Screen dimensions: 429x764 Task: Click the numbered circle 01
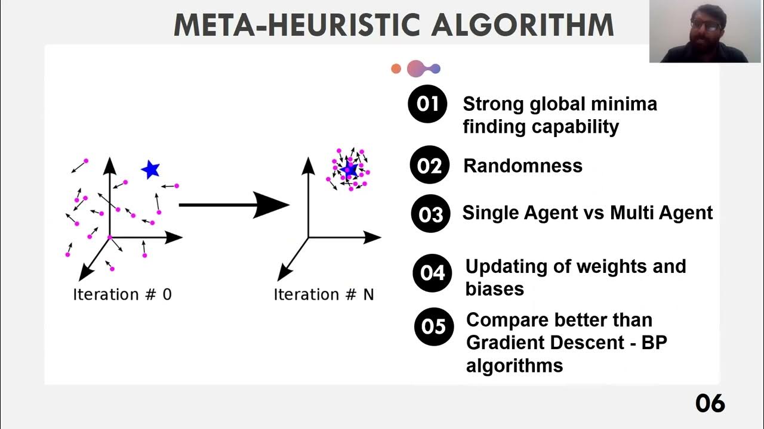click(x=427, y=104)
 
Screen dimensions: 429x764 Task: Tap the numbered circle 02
click(x=429, y=165)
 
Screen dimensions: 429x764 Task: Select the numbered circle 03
click(x=430, y=214)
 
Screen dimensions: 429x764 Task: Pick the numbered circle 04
click(x=432, y=273)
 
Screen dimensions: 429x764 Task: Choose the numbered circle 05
click(x=433, y=327)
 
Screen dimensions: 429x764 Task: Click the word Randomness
click(x=522, y=166)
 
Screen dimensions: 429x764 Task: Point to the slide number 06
click(x=710, y=403)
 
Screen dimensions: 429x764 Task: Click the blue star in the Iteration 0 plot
click(x=150, y=170)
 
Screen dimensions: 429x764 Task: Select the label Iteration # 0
click(x=122, y=294)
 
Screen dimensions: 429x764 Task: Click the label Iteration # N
click(x=324, y=294)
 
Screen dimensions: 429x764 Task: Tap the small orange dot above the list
click(x=396, y=69)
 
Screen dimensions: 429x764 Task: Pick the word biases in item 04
click(x=494, y=289)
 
